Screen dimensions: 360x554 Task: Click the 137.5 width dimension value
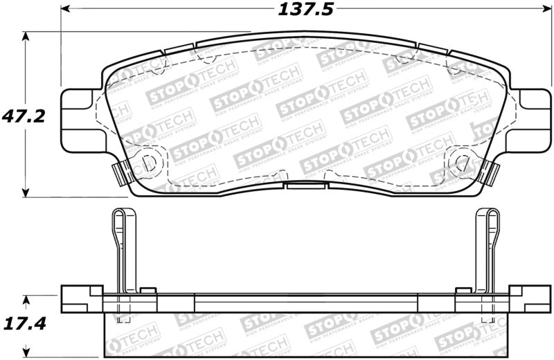pos(296,9)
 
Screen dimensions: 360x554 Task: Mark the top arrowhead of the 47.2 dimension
pos(26,36)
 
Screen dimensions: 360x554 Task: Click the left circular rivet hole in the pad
pos(148,163)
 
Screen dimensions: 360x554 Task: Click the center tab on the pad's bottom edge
pos(307,186)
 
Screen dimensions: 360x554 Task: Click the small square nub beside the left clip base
pos(148,290)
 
